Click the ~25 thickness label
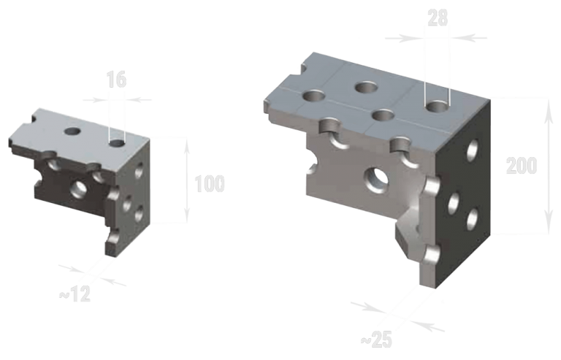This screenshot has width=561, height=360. [377, 340]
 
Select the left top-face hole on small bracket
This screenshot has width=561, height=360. [72, 131]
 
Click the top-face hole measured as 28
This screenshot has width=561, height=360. [437, 107]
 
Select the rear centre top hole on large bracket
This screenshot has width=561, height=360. [366, 88]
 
